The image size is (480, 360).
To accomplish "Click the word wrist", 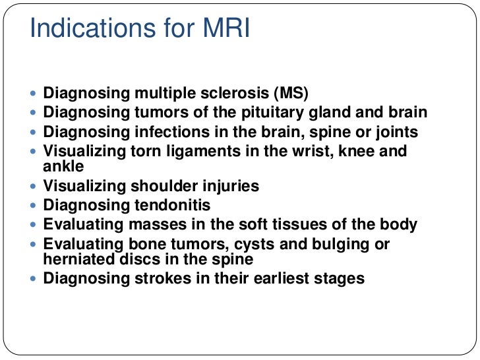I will click(314, 152).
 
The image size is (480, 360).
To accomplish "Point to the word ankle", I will click(63, 165).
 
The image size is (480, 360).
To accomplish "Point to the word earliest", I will click(280, 278).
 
